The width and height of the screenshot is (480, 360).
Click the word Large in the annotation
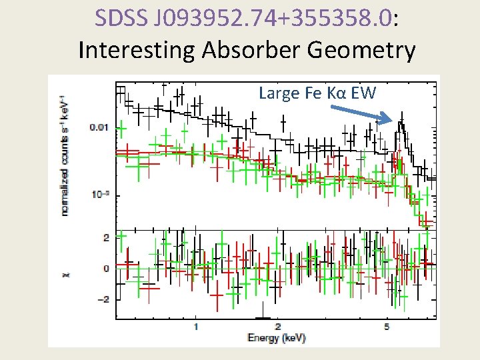277,93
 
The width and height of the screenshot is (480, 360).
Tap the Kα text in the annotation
337,93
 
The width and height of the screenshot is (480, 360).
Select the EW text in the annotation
363,93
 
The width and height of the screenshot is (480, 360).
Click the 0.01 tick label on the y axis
99,127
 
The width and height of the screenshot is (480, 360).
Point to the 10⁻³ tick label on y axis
99,194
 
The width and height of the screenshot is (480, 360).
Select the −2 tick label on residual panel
103,299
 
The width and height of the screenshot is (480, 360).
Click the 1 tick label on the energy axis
196,327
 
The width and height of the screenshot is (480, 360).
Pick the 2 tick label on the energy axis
278,327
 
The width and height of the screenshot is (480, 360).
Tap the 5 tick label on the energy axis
387,327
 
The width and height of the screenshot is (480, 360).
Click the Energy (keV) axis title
277,338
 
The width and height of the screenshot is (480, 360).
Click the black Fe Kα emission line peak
401,123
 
